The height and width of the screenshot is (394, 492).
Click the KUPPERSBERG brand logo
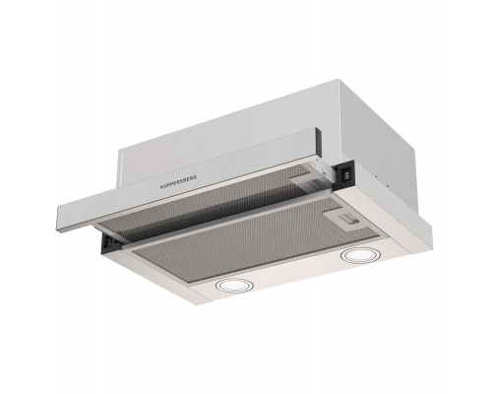pyautogui.click(x=178, y=182)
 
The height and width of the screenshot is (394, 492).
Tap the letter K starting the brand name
pyautogui.click(x=161, y=187)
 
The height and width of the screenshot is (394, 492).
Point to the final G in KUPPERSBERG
pyautogui.click(x=195, y=177)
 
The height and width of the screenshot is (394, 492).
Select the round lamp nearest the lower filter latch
pyautogui.click(x=355, y=254)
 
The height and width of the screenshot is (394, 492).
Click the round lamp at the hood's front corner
pyautogui.click(x=233, y=285)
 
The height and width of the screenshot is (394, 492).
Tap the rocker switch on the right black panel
pyautogui.click(x=345, y=175)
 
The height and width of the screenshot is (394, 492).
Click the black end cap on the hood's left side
pyautogui.click(x=111, y=242)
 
